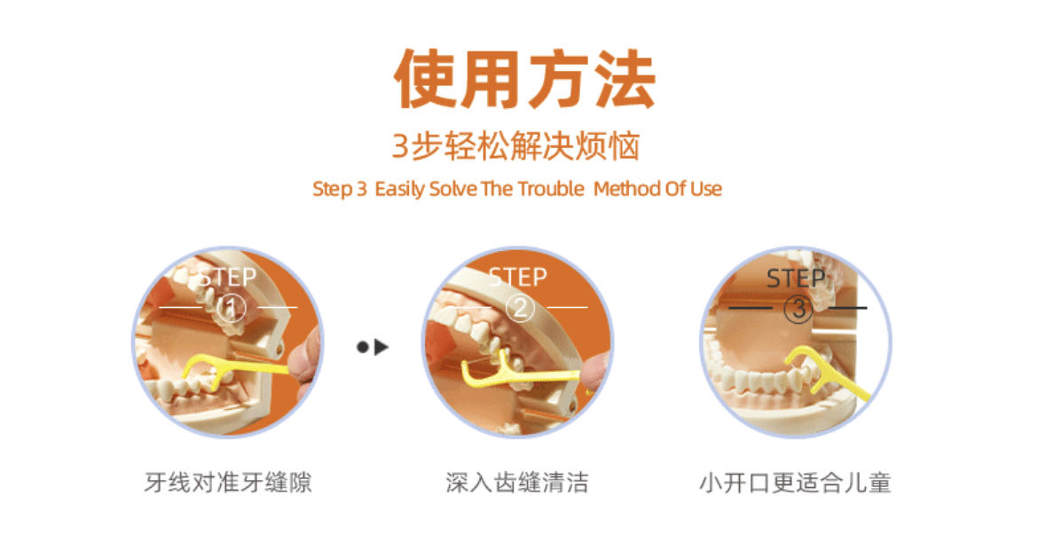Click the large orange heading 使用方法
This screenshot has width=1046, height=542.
click(524, 79)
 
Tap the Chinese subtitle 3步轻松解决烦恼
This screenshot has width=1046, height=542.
click(515, 146)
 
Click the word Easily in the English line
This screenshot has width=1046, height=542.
click(399, 189)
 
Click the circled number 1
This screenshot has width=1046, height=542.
click(231, 308)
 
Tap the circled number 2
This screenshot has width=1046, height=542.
click(520, 308)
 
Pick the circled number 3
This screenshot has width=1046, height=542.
click(798, 309)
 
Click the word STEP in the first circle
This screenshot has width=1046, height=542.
click(227, 277)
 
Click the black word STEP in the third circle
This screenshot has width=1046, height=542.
click(796, 278)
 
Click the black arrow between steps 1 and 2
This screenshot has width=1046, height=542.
click(381, 347)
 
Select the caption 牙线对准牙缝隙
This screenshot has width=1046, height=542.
click(228, 482)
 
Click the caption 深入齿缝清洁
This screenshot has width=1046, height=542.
click(517, 482)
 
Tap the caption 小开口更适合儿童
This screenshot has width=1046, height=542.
click(795, 482)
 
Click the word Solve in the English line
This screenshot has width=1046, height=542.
click(452, 189)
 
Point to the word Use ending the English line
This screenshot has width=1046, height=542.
click(706, 189)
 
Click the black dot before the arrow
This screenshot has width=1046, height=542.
click(363, 347)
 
